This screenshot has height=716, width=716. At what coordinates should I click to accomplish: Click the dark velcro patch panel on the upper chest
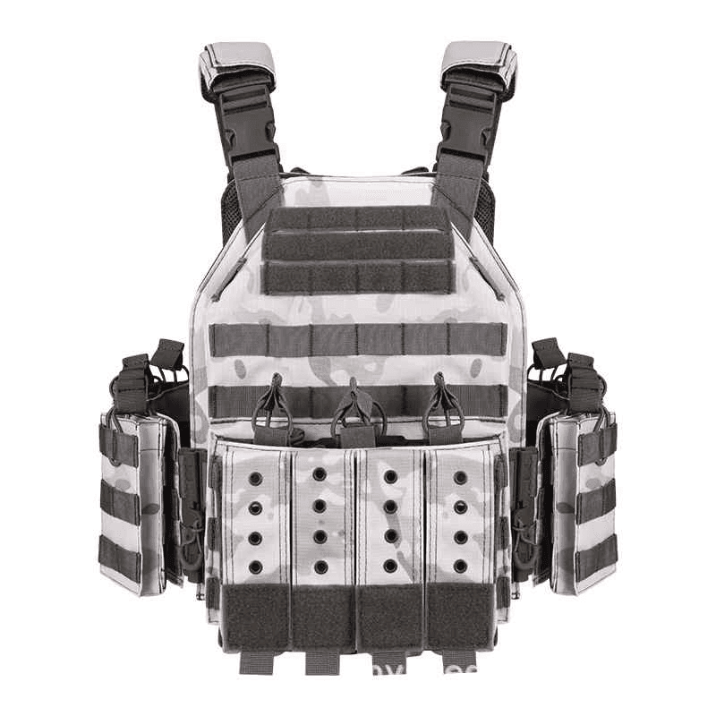[357, 250]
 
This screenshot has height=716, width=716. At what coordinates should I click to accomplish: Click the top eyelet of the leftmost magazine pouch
[255, 478]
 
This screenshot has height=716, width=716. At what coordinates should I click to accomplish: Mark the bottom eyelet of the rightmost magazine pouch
[459, 566]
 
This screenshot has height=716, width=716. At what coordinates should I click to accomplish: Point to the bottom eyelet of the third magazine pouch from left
[390, 566]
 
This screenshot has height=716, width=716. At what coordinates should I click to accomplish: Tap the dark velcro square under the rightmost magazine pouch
[458, 617]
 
